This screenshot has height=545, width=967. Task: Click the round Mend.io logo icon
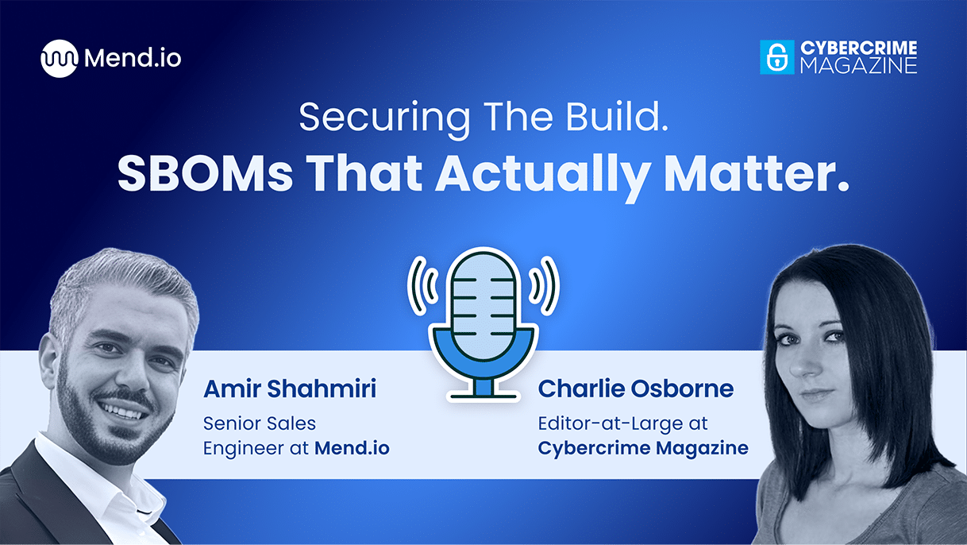point(60,58)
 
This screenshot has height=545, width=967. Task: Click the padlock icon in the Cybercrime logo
point(776,57)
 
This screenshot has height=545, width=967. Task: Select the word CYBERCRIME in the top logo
point(857,48)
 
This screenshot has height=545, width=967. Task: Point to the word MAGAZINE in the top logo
point(857,66)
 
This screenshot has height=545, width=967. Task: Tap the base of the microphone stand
point(483,392)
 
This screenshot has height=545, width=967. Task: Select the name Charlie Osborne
point(635,389)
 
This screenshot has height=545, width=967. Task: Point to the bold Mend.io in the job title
point(352,448)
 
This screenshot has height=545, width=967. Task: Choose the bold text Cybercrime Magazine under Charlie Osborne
point(643,448)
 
